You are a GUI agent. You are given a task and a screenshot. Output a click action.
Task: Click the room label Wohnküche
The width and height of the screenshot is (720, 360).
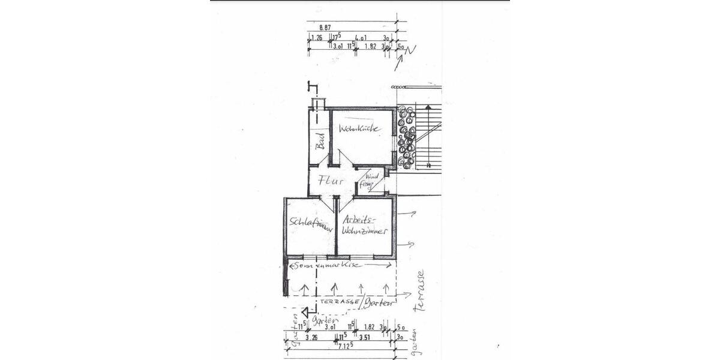360,129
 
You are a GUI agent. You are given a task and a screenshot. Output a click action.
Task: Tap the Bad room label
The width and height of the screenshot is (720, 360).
320,142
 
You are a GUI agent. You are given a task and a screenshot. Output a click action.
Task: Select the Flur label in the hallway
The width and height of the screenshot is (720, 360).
331,180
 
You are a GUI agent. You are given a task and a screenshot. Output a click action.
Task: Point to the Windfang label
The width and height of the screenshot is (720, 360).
371,181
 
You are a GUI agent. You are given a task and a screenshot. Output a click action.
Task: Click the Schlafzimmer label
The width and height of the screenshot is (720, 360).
310,224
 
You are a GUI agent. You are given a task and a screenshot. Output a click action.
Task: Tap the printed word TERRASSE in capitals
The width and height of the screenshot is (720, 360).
340,302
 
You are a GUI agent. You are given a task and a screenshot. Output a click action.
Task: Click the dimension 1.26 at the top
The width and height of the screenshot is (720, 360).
317,38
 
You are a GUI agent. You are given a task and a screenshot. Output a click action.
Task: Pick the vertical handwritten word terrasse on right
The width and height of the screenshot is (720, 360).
421,292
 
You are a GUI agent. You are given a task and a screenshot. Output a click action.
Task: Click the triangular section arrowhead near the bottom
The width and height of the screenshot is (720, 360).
305,313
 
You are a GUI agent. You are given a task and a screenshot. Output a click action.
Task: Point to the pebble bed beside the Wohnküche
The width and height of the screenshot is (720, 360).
406,137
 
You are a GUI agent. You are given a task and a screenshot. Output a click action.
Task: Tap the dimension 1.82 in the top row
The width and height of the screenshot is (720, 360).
371,46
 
